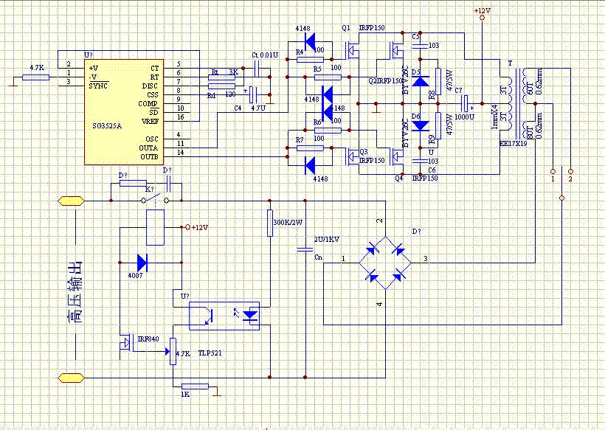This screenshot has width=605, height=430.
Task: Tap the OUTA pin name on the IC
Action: [x=150, y=148]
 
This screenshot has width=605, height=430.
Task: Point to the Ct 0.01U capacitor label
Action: [x=265, y=55]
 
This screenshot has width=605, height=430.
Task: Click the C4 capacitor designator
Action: [x=238, y=108]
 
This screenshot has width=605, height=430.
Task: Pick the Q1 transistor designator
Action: [x=346, y=27]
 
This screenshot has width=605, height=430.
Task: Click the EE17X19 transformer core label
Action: [x=512, y=145]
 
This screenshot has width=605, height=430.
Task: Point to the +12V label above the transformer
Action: [x=481, y=11]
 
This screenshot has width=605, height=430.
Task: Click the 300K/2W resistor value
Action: [x=288, y=222]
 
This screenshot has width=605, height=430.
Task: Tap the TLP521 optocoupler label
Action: [x=210, y=353]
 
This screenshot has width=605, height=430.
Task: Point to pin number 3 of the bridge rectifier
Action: [x=424, y=258]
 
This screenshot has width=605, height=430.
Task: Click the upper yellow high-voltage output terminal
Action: [x=71, y=200]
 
